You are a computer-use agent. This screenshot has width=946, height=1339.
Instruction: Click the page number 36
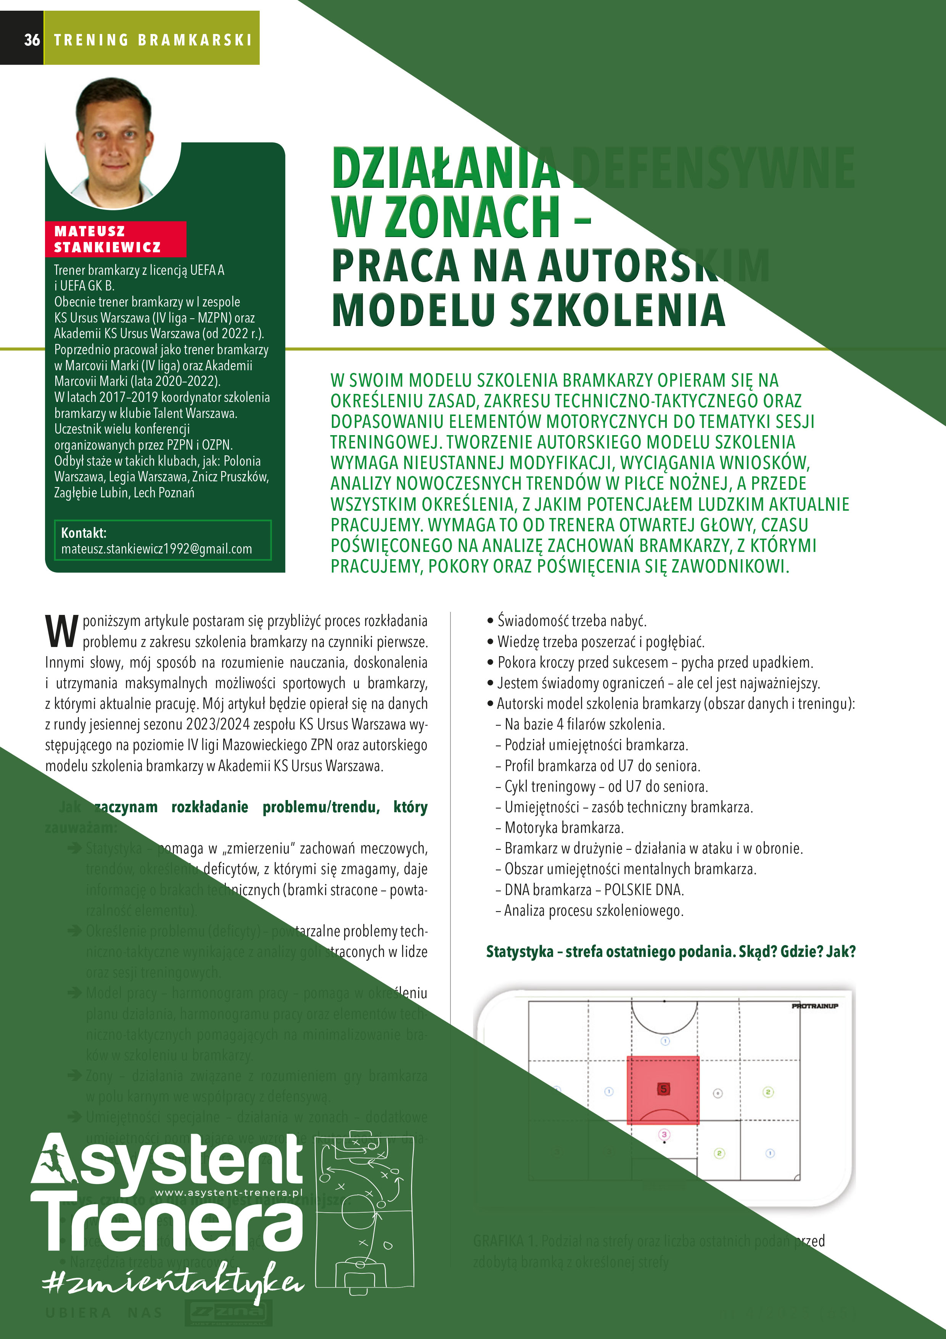pyautogui.click(x=32, y=40)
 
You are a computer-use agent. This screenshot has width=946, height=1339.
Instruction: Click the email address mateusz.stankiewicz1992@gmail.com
pyautogui.click(x=156, y=549)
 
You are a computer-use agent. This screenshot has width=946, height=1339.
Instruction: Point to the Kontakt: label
pyautogui.click(x=84, y=532)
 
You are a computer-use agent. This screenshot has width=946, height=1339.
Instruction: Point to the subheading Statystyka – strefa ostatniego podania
pyautogui.click(x=670, y=951)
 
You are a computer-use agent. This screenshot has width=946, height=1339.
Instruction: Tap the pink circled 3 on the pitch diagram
pyautogui.click(x=664, y=1134)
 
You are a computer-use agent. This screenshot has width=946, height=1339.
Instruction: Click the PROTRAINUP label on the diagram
pyautogui.click(x=814, y=1006)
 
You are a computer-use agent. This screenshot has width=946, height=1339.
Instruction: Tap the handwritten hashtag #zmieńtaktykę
pyautogui.click(x=172, y=1284)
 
